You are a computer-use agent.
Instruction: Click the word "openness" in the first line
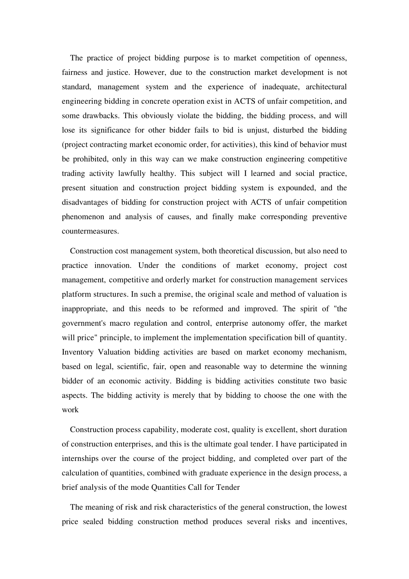pyautogui.click(x=330, y=58)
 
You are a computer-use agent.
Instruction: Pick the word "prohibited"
pyautogui.click(x=88, y=159)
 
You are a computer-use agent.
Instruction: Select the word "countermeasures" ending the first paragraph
pyautogui.click(x=90, y=231)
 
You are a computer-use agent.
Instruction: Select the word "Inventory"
pyautogui.click(x=77, y=352)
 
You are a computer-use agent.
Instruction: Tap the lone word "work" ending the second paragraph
pyautogui.click(x=70, y=410)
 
